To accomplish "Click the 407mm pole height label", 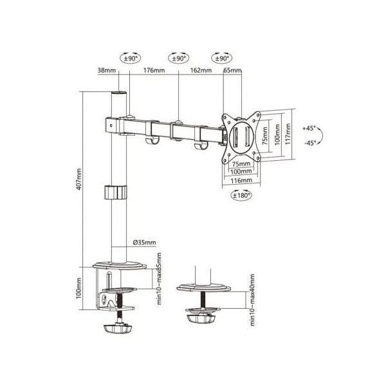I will tap(79, 180).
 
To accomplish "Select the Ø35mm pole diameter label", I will tap(145, 242).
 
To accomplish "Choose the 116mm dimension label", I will tap(241, 181).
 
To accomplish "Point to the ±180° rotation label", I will tap(239, 195).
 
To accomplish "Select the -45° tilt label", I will tap(308, 143).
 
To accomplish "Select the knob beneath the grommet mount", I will tap(205, 318).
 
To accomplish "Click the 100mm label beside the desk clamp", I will tap(79, 288).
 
